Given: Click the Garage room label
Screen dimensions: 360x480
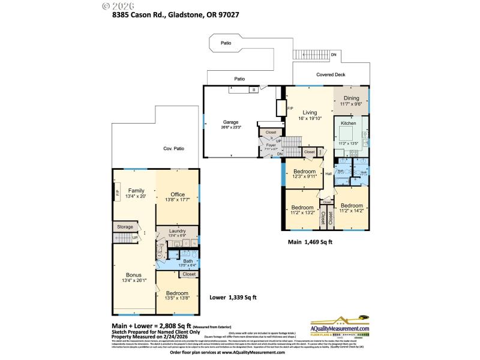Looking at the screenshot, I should [230, 124].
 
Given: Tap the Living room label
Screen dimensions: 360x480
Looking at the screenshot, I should [310, 112].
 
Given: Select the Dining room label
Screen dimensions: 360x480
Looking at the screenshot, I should [351, 98].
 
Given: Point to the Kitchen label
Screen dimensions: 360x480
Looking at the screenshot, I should [349, 123].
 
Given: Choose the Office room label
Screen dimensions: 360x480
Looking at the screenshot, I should [177, 194].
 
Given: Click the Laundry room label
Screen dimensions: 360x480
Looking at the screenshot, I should [177, 231].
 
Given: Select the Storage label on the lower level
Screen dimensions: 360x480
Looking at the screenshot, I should [125, 227].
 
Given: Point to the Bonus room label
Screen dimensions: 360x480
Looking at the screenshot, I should [133, 275].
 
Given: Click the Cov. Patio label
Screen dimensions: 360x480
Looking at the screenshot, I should [173, 148].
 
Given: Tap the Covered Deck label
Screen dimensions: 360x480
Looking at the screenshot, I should [331, 75].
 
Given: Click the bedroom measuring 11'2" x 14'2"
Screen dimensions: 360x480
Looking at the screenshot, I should [352, 206].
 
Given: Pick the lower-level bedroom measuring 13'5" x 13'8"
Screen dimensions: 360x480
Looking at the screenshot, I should [176, 293].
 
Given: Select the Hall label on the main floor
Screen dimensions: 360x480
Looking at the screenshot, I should [329, 174].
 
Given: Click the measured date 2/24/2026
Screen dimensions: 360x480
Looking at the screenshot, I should [175, 337].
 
